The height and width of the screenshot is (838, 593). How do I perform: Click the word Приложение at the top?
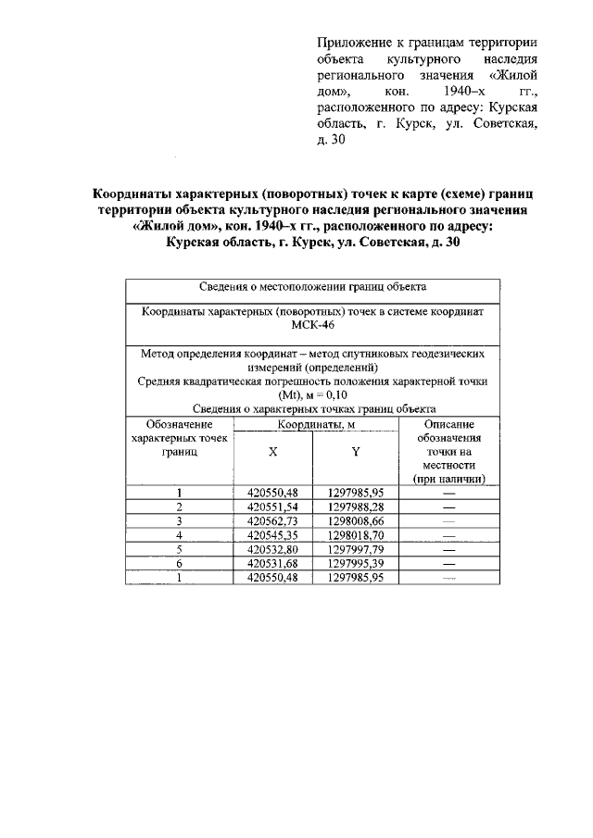353,43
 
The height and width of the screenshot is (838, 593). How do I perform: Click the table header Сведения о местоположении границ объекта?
312,287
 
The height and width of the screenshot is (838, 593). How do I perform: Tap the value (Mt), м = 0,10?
312,394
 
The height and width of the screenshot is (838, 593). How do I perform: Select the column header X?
272,452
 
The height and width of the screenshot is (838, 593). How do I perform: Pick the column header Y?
355,452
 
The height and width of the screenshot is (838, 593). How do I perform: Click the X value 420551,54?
272,507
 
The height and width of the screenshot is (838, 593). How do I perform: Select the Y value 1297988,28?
355,507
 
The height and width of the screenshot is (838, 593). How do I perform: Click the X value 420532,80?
272,549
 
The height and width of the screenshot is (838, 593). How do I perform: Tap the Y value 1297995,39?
355,563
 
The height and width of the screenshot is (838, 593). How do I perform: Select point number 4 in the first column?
179,535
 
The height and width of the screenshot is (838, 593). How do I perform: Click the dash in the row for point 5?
449,549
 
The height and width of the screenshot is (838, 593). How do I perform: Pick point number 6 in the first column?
179,563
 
